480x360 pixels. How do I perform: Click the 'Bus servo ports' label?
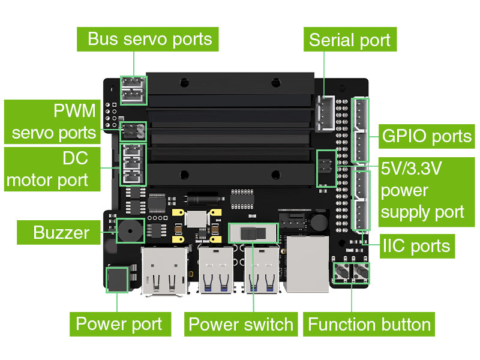pos(149,40)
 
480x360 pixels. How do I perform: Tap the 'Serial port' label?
pos(349,40)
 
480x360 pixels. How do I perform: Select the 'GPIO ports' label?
pos(427,136)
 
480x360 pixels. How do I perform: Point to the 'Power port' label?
pos(119,325)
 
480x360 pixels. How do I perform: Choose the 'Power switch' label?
pos(241,325)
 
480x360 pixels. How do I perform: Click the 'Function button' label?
pos(369,325)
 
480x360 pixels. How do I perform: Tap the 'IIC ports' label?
pos(416,245)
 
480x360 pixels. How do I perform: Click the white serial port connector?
pos(326,113)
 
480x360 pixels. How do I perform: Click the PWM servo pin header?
pos(133,130)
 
